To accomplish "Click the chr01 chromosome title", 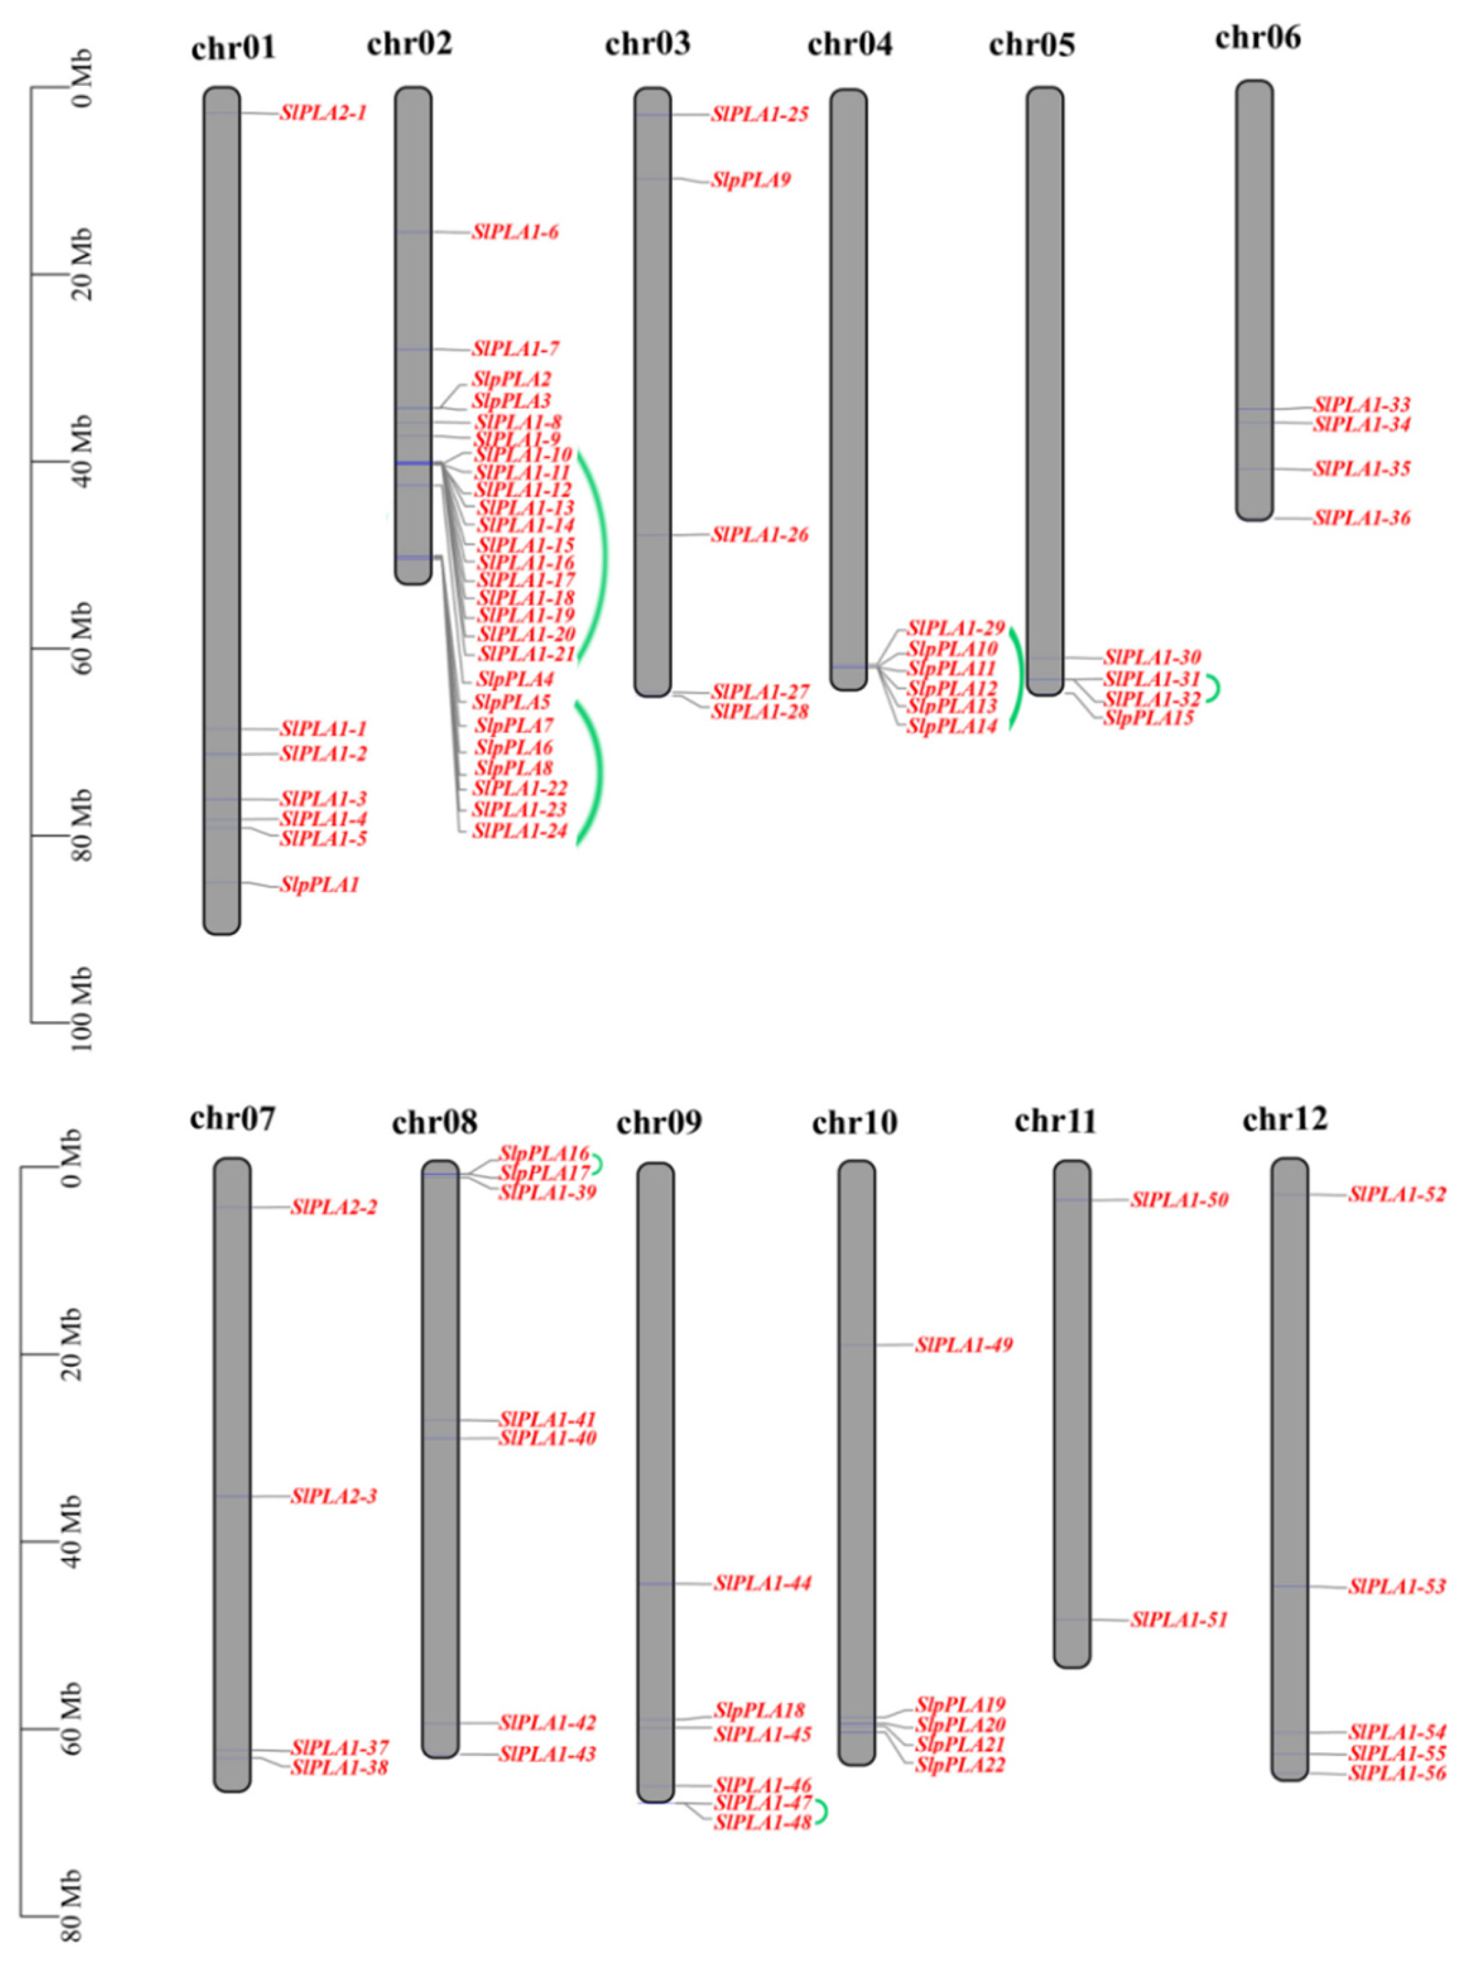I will click(x=233, y=47).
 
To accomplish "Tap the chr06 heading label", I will click(x=1257, y=38).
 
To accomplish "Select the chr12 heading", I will click(x=1285, y=1120).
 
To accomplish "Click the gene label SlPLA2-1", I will click(x=323, y=113).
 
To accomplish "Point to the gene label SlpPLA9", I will click(x=751, y=180).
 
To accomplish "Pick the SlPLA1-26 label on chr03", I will click(x=759, y=535).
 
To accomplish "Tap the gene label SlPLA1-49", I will click(x=964, y=1345).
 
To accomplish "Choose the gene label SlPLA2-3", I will click(x=334, y=1496).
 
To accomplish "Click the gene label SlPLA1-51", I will click(x=1179, y=1619).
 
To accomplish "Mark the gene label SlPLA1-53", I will click(x=1396, y=1586).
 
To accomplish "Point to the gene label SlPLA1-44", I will click(x=762, y=1583).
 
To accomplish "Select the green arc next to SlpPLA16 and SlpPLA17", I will click(x=600, y=1163).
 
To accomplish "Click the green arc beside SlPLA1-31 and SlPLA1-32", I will click(x=1213, y=688).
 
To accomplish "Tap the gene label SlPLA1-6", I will click(x=515, y=233).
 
